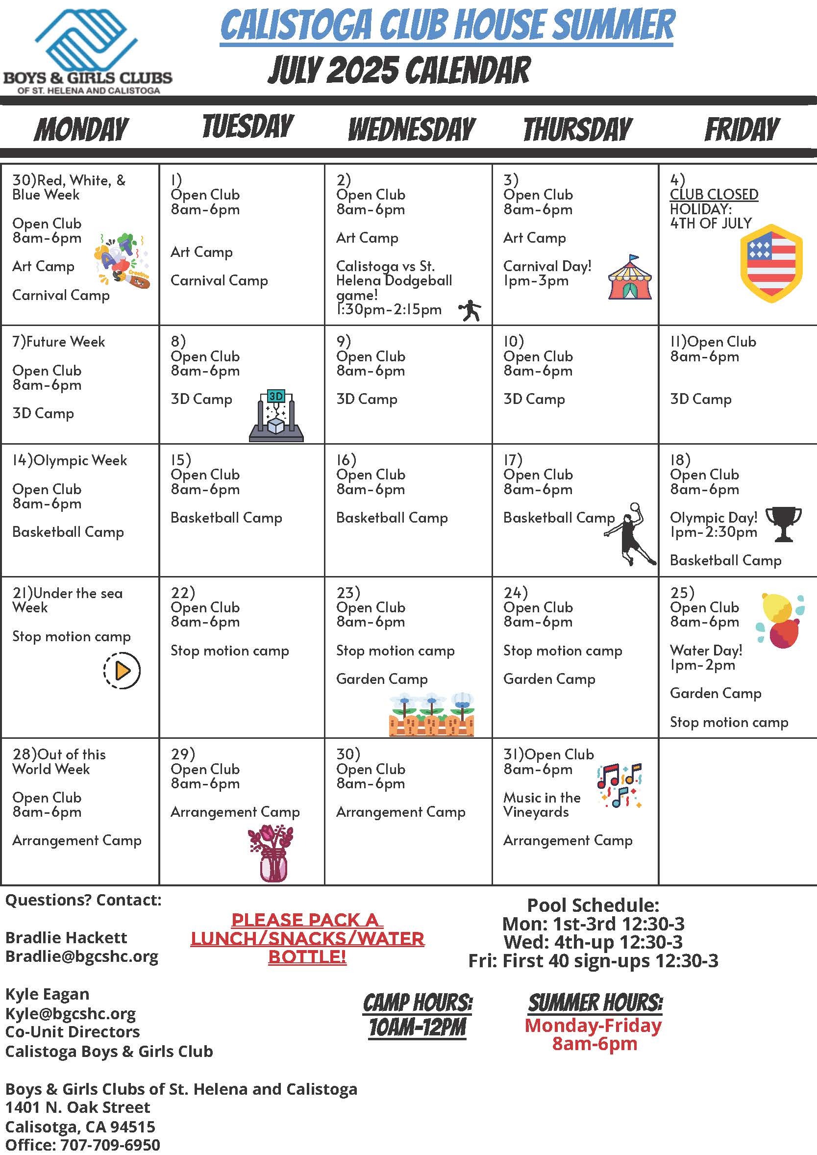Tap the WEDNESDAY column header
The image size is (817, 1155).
[412, 129]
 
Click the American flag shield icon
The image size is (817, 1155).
[771, 264]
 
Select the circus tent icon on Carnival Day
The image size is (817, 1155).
[630, 278]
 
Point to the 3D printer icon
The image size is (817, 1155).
[276, 416]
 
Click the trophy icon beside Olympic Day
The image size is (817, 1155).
[783, 524]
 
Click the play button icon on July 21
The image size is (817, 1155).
[122, 670]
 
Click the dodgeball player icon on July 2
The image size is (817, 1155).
[470, 310]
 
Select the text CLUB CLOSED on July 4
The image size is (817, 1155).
[714, 194]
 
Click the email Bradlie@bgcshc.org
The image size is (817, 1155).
[81, 956]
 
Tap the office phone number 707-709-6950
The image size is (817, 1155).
[110, 1145]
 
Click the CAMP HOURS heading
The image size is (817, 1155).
[418, 1003]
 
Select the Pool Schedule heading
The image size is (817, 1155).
[593, 905]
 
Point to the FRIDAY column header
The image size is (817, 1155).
[742, 129]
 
